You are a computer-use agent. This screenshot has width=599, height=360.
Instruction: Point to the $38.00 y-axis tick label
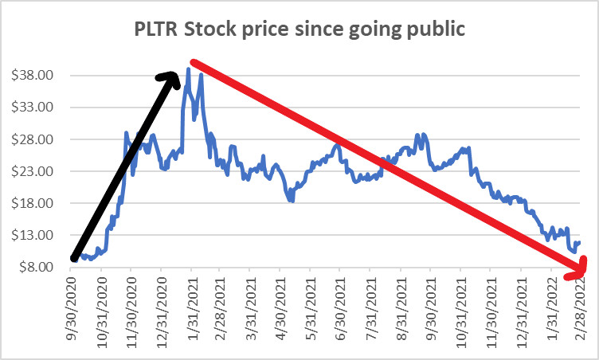tap(36, 76)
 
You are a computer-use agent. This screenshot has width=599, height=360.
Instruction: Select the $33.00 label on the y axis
tap(36, 108)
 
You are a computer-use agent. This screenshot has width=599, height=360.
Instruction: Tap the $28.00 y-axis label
tap(36, 139)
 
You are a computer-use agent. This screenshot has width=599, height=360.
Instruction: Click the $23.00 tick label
tap(36, 171)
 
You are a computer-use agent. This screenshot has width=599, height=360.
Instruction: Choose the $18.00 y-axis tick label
tap(36, 203)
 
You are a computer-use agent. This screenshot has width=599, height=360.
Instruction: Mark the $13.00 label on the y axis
tap(36, 235)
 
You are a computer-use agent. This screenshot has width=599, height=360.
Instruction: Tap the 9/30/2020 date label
tap(72, 307)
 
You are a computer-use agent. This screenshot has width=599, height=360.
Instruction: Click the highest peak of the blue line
tap(188, 69)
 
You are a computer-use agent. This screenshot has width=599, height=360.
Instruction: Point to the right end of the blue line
tap(580, 242)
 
